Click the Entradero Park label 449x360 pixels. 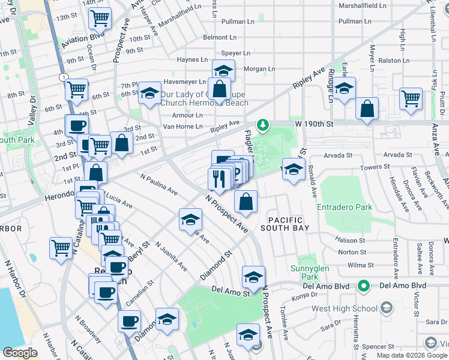[345, 208]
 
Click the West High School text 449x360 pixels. [344, 309]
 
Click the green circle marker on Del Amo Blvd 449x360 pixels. [363, 286]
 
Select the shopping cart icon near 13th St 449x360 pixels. [100, 18]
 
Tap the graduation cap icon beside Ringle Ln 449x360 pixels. [344, 89]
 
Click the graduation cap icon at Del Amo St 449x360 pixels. [253, 277]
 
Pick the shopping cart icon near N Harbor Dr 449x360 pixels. [61, 247]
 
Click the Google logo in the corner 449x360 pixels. [20, 353]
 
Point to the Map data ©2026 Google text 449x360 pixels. [412, 355]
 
